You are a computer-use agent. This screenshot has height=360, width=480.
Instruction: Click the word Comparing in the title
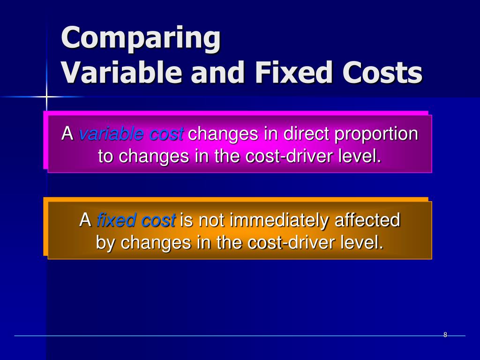pos(141,38)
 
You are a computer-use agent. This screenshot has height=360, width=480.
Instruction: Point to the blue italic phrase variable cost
pos(131,135)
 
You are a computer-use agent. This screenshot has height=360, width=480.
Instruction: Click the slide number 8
pos(445,335)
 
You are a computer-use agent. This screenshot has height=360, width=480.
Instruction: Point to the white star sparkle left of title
pos(47,97)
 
